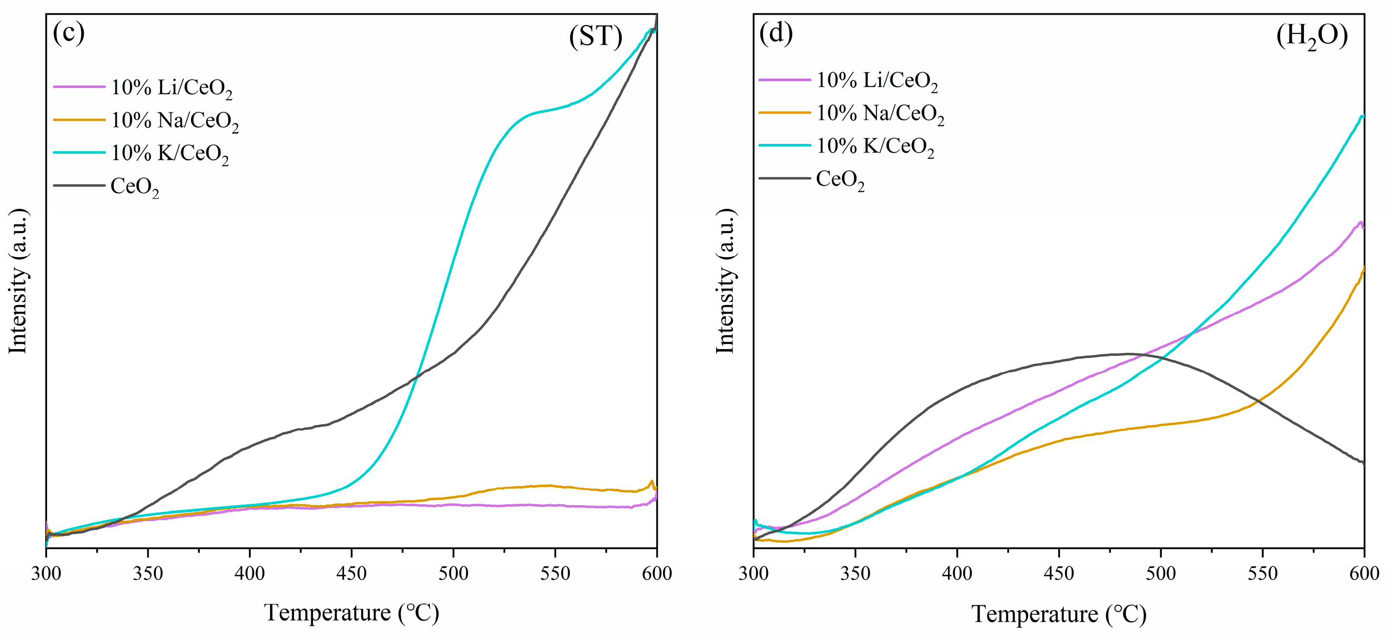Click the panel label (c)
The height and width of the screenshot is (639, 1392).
pos(69,34)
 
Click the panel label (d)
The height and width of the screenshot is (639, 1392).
pos(776,34)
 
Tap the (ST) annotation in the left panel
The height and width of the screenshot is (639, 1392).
pos(596,37)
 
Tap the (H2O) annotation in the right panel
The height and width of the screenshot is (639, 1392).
pos(1312,37)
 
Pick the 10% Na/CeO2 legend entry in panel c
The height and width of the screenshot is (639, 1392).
pos(175,121)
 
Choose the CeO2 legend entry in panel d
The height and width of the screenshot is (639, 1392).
pos(840,179)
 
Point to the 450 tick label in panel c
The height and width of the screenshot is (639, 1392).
pos(351,573)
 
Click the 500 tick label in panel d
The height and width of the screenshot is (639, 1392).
pos(1161,573)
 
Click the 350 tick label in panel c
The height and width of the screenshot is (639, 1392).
pos(147,573)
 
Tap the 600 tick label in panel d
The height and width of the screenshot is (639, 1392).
pos(1364,573)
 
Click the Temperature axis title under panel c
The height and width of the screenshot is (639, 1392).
pos(351,613)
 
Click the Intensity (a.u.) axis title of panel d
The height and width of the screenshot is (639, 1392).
pos(725,281)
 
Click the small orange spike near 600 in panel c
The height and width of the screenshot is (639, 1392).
pos(652,481)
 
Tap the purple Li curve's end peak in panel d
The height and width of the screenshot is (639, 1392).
pos(1360,222)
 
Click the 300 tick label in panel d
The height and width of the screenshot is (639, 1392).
pos(753,573)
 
